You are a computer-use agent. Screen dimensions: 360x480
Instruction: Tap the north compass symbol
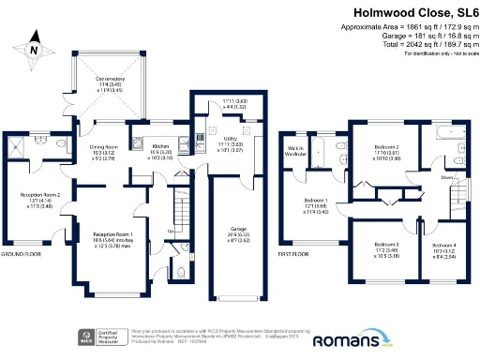(x=34, y=50)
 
